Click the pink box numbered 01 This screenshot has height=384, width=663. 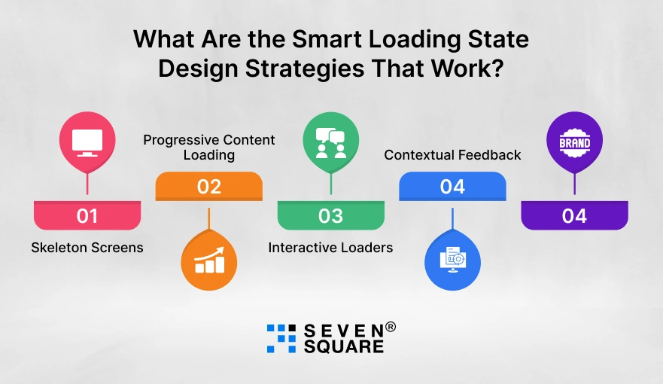click(x=87, y=215)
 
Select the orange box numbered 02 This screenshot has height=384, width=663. click(x=208, y=186)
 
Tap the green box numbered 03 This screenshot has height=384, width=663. click(x=330, y=215)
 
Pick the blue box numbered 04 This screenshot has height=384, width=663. click(x=452, y=186)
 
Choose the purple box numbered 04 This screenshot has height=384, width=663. click(x=574, y=215)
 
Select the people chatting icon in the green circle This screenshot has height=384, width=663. click(x=330, y=142)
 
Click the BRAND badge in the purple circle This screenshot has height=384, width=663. click(x=574, y=142)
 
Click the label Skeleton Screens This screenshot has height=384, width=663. click(x=87, y=248)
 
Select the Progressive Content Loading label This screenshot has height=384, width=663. click(x=209, y=148)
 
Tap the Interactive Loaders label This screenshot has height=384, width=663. click(x=330, y=248)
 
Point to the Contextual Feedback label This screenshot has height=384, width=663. click(x=452, y=155)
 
